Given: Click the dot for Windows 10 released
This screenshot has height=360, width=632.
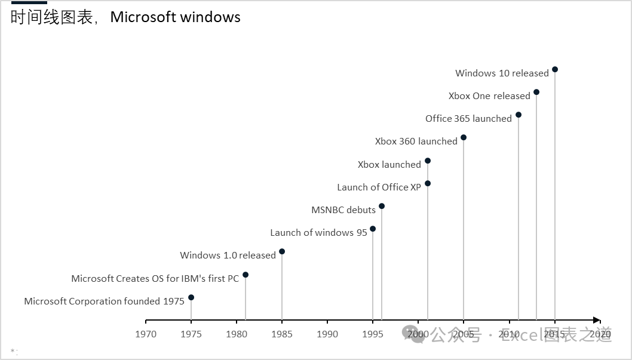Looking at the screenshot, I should click(x=555, y=69).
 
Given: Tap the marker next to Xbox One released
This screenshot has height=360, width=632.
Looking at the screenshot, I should click(x=536, y=92).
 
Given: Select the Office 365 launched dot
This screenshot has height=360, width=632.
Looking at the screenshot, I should click(x=519, y=115).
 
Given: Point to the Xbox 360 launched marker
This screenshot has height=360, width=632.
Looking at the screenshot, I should click(x=464, y=137).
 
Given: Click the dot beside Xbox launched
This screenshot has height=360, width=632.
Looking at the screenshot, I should click(x=428, y=161).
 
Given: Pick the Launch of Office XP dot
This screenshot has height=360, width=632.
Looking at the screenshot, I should click(x=428, y=183).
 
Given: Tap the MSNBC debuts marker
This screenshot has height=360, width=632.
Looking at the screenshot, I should click(x=382, y=206).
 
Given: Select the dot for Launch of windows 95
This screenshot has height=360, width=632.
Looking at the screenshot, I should click(x=373, y=229).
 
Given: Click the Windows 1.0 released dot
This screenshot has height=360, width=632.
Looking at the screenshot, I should click(x=282, y=251).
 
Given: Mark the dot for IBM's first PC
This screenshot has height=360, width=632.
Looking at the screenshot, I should click(x=246, y=275).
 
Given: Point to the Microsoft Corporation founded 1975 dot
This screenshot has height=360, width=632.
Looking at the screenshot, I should click(x=191, y=297).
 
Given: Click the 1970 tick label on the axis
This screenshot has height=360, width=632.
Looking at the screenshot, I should click(x=146, y=334).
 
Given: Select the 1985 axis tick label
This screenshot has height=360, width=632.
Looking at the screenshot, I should click(x=282, y=334).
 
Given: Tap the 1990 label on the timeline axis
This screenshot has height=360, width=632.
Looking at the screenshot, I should click(x=327, y=334).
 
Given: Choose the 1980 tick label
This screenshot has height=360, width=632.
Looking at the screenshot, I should click(x=237, y=334).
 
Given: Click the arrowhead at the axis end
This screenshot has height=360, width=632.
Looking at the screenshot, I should click(x=596, y=321).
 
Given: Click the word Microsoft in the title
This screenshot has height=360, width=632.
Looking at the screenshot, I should click(x=140, y=17).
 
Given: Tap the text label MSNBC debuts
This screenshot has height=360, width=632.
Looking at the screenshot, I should click(x=343, y=210).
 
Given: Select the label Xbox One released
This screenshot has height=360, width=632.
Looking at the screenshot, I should click(x=489, y=96).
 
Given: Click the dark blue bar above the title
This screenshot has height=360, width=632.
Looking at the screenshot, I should click(x=29, y=2).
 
